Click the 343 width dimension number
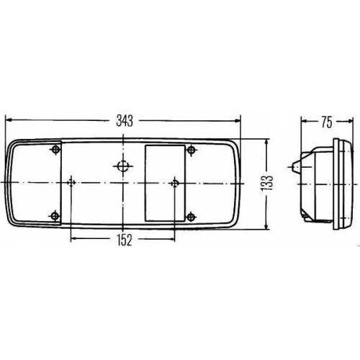tap(125, 121)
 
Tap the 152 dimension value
tap(125, 240)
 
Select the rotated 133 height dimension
tap(267, 184)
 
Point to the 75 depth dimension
tap(327, 122)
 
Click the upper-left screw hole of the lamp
tap(56, 150)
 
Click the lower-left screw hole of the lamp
tap(55, 216)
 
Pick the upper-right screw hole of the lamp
tap(192, 150)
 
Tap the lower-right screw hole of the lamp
tap(191, 217)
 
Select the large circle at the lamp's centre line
tap(123, 166)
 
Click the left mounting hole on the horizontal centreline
tap(71, 183)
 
